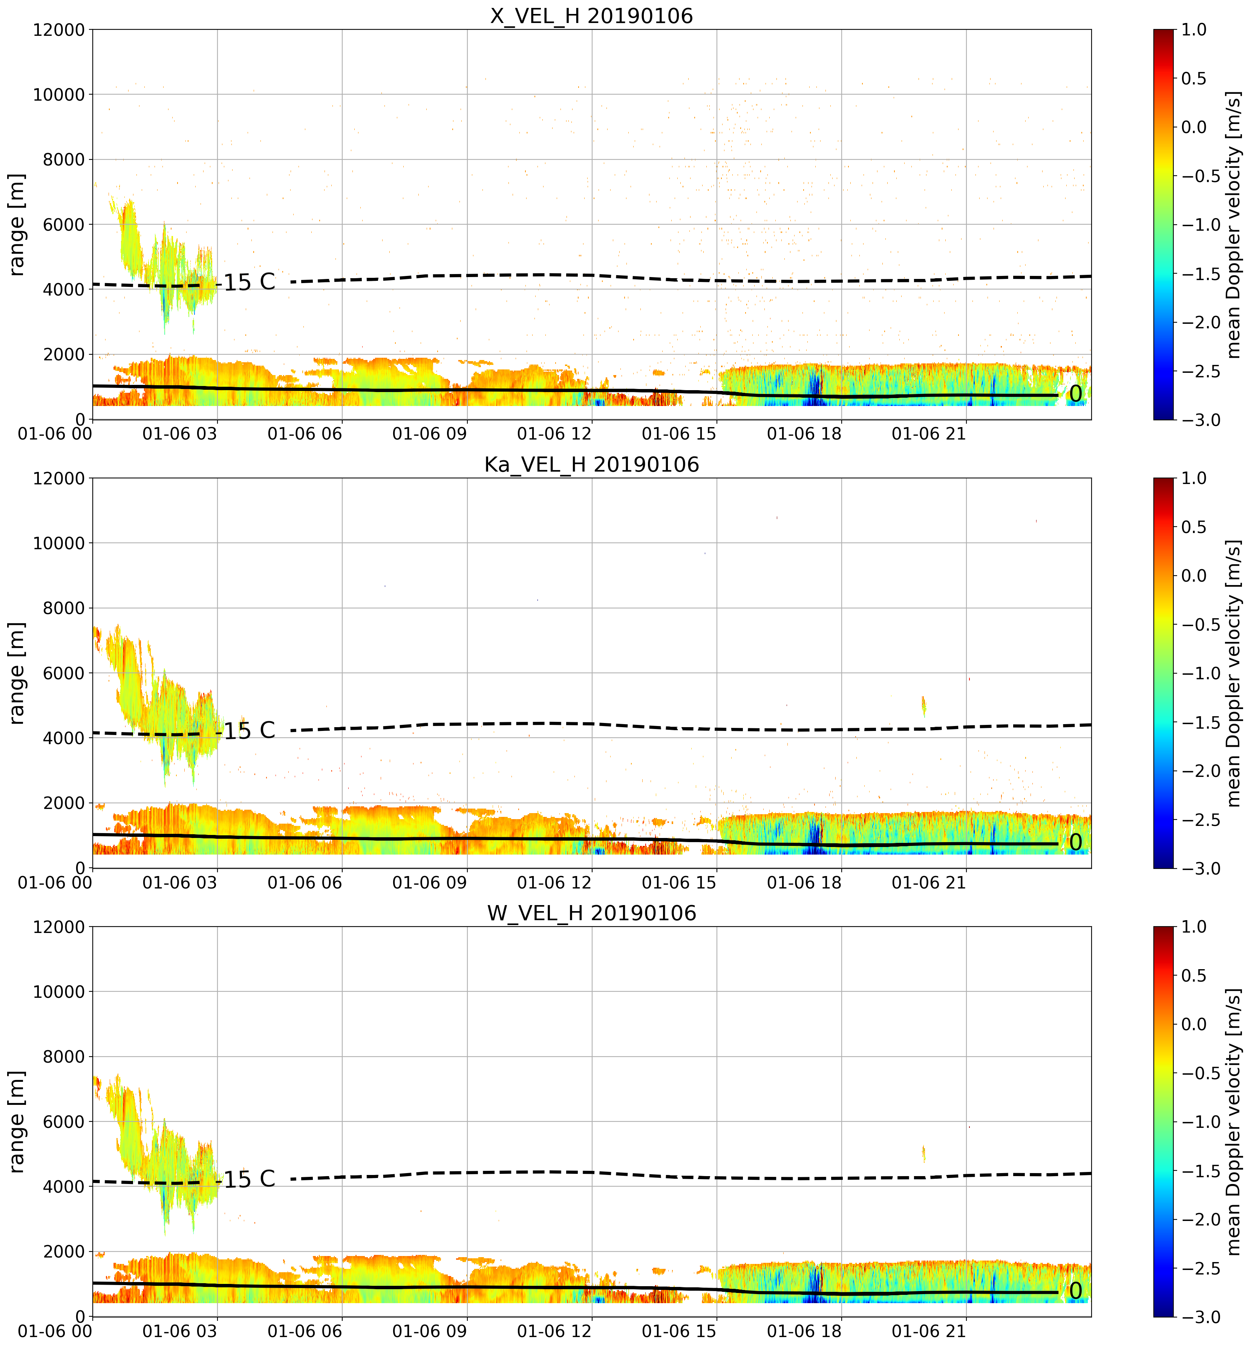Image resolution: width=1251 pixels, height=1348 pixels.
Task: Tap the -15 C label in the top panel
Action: pyautogui.click(x=247, y=282)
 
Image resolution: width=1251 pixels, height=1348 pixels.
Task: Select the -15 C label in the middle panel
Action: pyautogui.click(x=247, y=731)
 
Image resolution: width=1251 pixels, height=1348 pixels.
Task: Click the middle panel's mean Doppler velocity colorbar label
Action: pyautogui.click(x=1233, y=673)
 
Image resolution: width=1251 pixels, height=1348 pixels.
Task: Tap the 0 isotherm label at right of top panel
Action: pyautogui.click(x=1075, y=394)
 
